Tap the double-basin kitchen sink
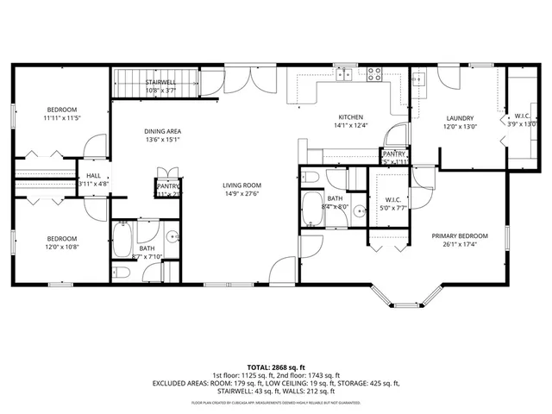tap(345, 74)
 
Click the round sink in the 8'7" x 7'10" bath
tap(172, 235)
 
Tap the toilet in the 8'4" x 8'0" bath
tap(311, 179)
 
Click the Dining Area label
tap(161, 131)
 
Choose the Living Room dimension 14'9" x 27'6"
tap(242, 194)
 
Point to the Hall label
tap(93, 175)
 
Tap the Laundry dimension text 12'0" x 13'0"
tap(460, 128)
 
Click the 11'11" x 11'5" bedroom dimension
tap(61, 118)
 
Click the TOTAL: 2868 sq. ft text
tap(276, 367)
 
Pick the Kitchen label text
tap(350, 116)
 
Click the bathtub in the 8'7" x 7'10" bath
tap(122, 238)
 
